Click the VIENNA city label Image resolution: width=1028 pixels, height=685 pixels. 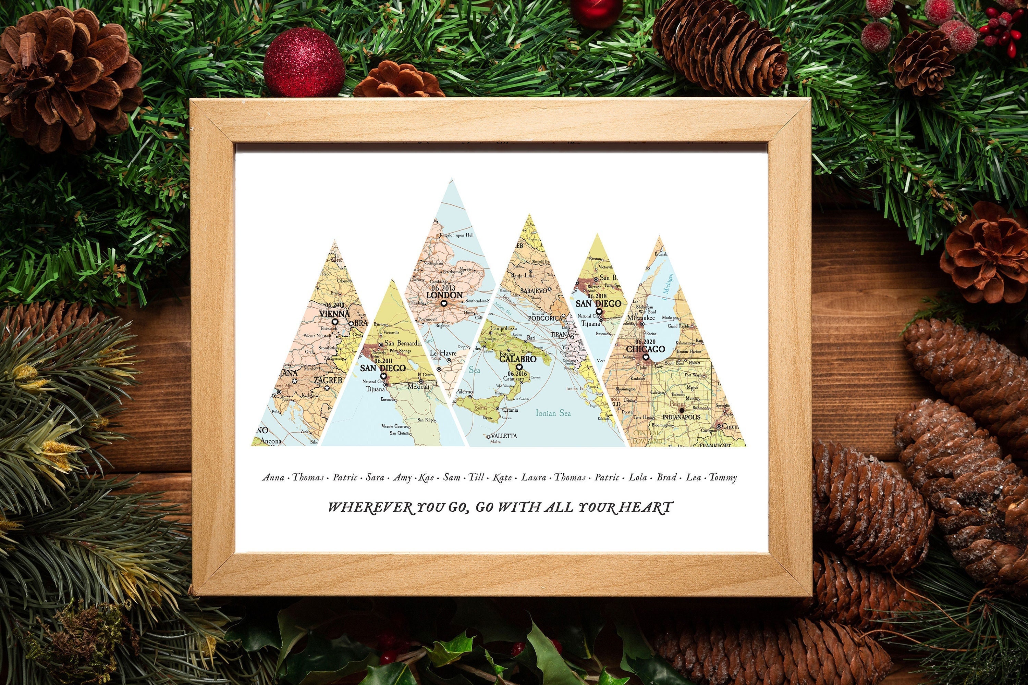coord(334,314)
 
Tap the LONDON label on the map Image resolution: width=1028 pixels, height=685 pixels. coord(444,295)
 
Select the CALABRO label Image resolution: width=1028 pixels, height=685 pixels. coord(517,359)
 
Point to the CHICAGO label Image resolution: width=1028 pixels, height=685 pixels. coord(645,349)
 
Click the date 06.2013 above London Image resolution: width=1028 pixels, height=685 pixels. coord(443,288)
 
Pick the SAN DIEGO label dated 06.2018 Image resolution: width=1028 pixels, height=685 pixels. coord(598,303)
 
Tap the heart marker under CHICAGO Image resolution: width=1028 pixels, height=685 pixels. coord(646,357)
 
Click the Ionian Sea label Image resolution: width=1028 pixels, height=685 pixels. coord(553,413)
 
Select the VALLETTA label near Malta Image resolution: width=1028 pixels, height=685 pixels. coord(503,436)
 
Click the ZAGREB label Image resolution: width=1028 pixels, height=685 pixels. coord(328,380)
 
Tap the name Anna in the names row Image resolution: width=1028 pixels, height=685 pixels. coord(273,477)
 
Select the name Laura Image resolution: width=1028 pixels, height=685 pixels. coord(533,477)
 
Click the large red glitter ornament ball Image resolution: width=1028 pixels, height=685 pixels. coord(304,62)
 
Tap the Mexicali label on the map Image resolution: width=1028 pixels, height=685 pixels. coord(419,387)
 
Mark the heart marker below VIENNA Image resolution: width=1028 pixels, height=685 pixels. coord(335,322)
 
